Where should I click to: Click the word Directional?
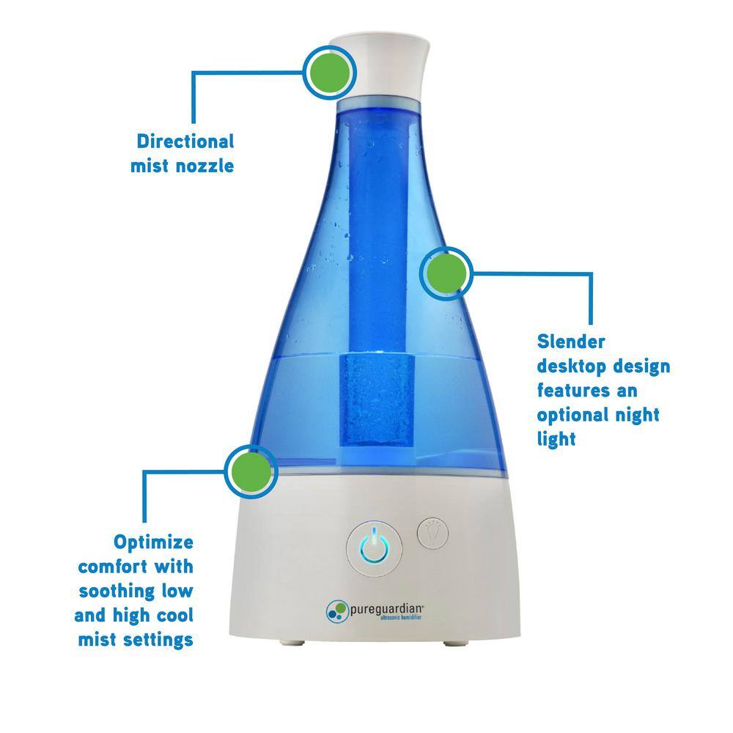click(x=185, y=141)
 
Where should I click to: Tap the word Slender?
click(x=572, y=341)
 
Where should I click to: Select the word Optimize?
click(x=153, y=542)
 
